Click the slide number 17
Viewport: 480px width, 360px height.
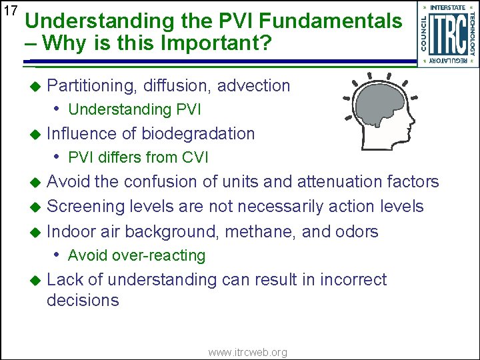point(10,11)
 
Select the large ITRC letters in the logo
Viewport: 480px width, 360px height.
point(447,34)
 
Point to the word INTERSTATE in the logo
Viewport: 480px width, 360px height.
point(448,7)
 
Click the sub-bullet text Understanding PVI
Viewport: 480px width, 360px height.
point(134,109)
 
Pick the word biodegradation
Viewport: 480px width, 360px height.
point(198,134)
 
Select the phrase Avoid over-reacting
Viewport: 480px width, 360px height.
point(137,255)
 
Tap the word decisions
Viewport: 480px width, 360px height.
point(83,301)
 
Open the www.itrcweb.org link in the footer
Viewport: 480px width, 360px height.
point(247,352)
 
